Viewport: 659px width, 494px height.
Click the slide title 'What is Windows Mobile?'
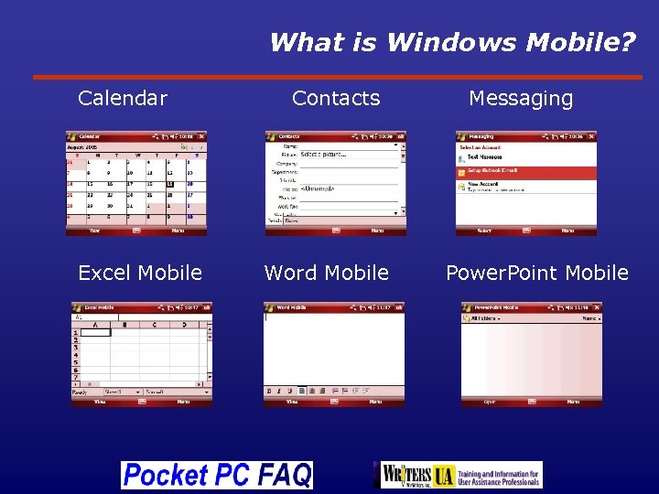click(x=452, y=42)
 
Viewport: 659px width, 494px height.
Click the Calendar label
click(x=123, y=98)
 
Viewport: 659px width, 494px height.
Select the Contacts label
click(x=335, y=98)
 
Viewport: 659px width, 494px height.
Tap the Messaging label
click(x=521, y=98)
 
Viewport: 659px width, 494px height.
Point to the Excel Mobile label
click(x=140, y=273)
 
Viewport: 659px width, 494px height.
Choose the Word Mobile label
click(x=326, y=273)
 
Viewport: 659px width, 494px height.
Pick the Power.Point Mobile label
click(x=536, y=273)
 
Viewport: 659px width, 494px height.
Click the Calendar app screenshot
click(x=136, y=183)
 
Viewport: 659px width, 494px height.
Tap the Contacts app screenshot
click(x=335, y=183)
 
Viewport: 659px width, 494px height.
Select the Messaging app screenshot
click(x=526, y=183)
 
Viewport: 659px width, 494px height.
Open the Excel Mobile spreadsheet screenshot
click(x=142, y=354)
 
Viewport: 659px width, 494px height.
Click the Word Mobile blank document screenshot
click(x=334, y=354)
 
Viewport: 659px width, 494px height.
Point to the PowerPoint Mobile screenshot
click(x=532, y=354)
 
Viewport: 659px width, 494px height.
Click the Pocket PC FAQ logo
click(x=217, y=475)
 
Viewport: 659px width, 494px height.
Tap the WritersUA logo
click(x=461, y=475)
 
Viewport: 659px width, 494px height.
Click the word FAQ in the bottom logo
click(x=284, y=475)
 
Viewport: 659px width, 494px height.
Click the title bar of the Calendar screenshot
click(x=136, y=136)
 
